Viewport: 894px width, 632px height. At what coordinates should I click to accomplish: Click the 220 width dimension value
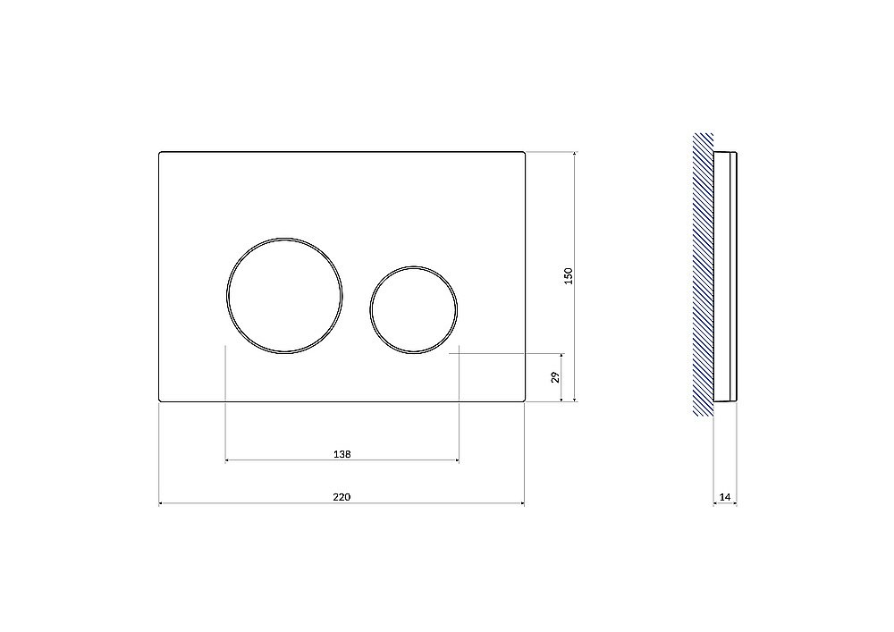coord(342,497)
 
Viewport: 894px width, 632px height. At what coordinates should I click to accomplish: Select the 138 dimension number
coord(342,454)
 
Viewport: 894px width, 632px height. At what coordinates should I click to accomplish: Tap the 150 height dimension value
coord(568,276)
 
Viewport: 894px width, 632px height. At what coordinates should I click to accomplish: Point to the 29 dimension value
coord(556,376)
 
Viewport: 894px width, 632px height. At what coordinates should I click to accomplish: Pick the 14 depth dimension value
coord(725,497)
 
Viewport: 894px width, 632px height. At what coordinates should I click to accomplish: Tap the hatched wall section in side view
coord(703,274)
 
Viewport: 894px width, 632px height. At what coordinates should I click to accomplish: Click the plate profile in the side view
coord(725,277)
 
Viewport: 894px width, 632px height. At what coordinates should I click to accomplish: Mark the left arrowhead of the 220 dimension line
coord(161,503)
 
